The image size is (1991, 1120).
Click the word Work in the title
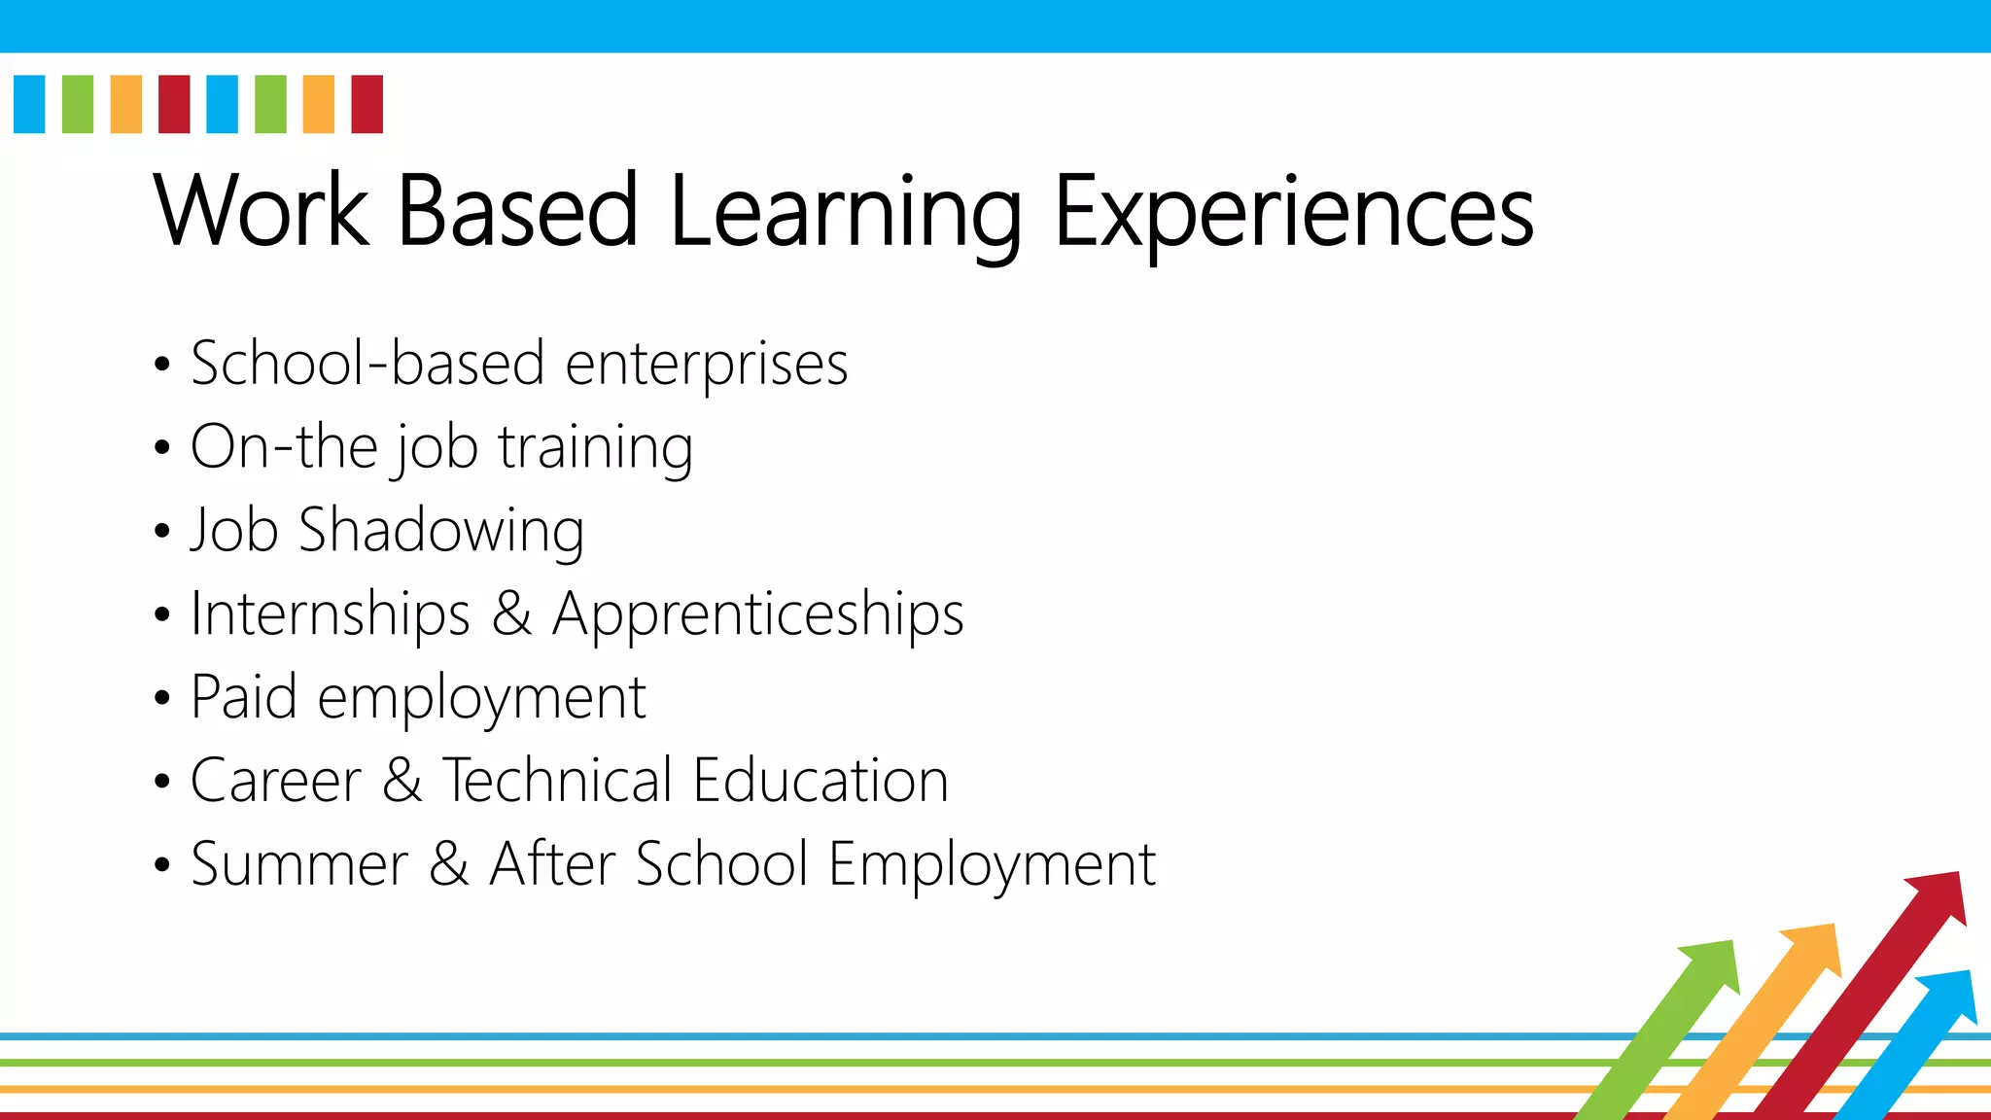point(261,210)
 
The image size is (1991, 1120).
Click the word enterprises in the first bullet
point(707,365)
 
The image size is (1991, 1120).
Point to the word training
point(595,448)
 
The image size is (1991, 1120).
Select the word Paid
point(243,697)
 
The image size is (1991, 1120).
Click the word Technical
point(558,781)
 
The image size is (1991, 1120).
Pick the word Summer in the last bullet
point(299,864)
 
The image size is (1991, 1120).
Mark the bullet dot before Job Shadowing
point(162,532)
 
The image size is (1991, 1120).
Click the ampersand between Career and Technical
point(402,781)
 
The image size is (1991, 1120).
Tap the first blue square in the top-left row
point(29,104)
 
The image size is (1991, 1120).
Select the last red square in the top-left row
point(367,104)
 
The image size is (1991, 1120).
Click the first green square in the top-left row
point(78,104)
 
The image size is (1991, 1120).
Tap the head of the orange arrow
point(1814,948)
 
